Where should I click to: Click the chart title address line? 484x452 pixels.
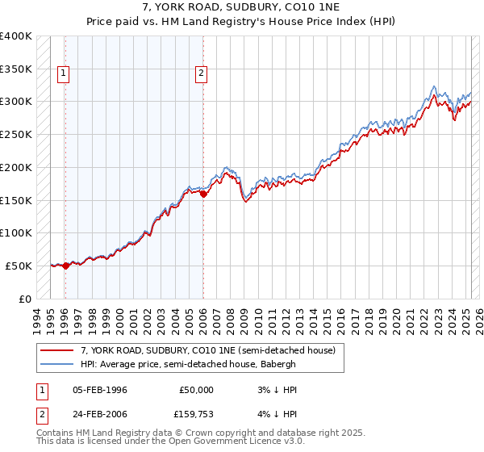[x=241, y=7]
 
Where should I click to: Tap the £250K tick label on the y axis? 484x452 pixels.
[x=16, y=135]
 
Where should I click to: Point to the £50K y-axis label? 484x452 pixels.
[x=19, y=266]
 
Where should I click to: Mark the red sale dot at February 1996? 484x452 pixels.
[x=65, y=266]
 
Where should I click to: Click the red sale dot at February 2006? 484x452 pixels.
[x=203, y=194]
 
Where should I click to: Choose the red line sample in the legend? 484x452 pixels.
[x=57, y=350]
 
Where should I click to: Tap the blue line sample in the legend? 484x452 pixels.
[x=57, y=364]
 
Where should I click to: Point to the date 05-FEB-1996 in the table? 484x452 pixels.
[x=100, y=390]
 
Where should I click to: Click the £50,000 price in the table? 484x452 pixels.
[x=194, y=390]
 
